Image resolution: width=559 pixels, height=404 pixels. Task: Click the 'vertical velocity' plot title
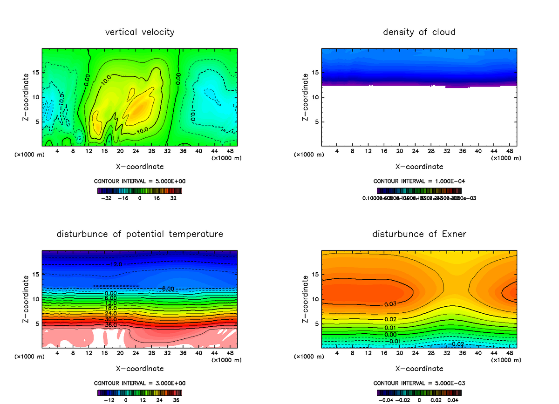140,32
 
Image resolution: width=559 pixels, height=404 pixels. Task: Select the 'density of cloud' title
419,32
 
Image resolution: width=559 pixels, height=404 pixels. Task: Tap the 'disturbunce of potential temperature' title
140,234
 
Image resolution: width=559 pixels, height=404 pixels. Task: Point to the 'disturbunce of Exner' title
419,234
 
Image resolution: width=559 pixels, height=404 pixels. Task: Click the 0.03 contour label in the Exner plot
390,304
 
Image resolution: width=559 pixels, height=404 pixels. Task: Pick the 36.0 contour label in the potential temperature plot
111,324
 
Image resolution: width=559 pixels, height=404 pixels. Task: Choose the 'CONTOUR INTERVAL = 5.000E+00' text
140,181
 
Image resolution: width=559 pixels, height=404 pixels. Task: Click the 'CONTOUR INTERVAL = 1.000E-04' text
419,181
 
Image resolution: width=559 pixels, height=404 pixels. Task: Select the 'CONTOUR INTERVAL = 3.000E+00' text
140,383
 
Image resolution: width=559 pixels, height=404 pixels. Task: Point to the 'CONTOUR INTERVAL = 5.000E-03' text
419,383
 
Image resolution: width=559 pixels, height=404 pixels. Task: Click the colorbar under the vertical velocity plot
140,190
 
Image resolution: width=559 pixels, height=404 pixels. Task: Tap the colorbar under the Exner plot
419,392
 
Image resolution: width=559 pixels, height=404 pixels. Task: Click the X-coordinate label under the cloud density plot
419,167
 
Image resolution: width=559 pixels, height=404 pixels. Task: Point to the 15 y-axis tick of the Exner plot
314,274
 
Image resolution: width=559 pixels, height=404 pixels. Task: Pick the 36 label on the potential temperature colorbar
177,400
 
